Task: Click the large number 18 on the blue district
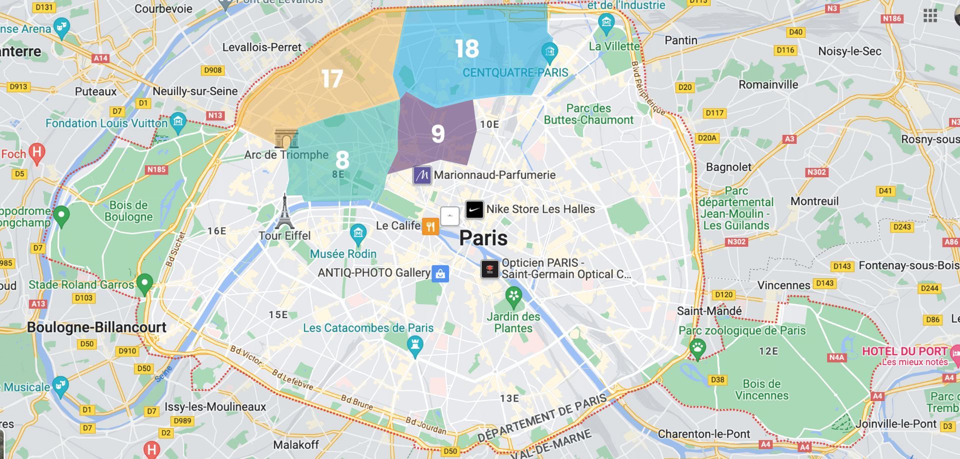[467, 49]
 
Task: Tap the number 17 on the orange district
[332, 79]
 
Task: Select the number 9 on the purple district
[438, 133]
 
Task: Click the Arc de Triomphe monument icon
[286, 138]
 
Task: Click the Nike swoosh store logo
[474, 209]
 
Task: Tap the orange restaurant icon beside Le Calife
[430, 226]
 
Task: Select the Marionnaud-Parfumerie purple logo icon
[422, 175]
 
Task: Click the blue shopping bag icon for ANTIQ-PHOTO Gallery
[440, 273]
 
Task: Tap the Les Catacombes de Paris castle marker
[414, 345]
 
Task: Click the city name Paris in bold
[483, 238]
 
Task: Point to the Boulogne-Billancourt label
[96, 327]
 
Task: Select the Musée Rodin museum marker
[358, 232]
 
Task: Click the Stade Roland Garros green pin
[144, 283]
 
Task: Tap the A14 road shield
[100, 58]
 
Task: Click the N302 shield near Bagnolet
[816, 172]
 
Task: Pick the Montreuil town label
[814, 201]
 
